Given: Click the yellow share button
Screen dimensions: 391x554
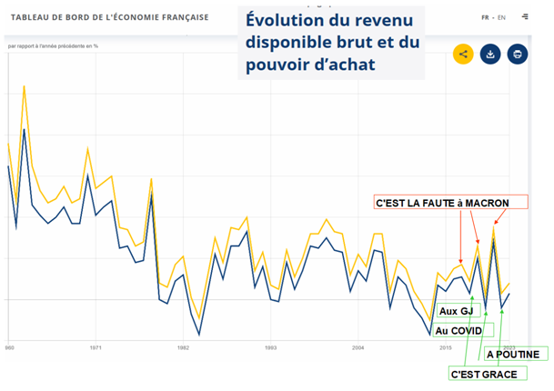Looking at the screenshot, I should click(464, 54).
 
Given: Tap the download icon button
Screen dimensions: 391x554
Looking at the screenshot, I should click(490, 54).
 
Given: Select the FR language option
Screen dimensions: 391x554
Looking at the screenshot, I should click(487, 17).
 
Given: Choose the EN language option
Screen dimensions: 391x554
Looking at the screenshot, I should click(501, 17).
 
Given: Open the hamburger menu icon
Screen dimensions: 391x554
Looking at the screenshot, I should click(526, 17).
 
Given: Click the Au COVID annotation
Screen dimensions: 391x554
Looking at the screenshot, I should click(458, 330).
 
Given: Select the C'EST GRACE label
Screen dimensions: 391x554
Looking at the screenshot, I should click(484, 374).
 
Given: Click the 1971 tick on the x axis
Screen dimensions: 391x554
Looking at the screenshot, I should click(96, 347).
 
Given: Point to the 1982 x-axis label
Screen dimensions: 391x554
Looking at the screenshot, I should click(183, 347).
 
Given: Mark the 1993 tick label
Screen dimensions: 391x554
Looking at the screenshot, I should click(270, 347).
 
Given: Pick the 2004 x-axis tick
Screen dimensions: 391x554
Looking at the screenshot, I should click(358, 347).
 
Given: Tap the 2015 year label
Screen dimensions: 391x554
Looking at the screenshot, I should click(446, 347).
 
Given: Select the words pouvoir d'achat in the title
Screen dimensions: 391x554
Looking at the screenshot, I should click(311, 66).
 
